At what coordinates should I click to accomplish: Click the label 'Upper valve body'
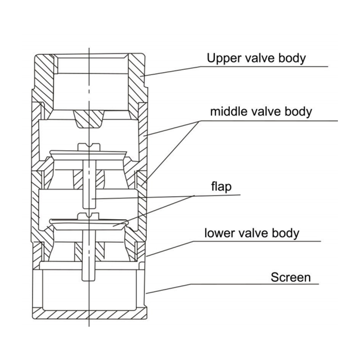coord(256,58)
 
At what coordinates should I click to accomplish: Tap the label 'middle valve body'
coord(261,111)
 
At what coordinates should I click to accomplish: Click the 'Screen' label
coord(290,276)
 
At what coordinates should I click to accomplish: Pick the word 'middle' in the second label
coord(227,111)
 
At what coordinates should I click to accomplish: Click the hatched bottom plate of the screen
coord(90,312)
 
